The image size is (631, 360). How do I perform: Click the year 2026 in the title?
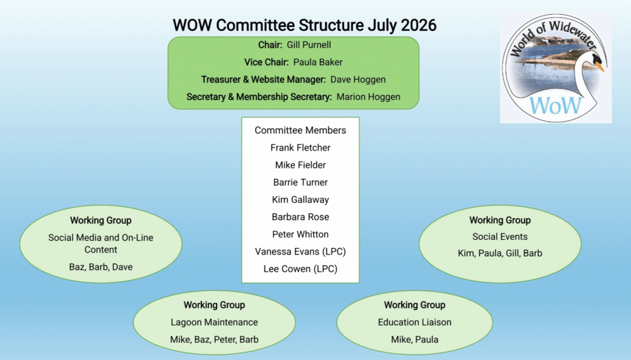click(418, 25)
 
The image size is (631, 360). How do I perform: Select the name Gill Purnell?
click(309, 45)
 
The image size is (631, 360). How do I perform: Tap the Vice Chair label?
click(266, 62)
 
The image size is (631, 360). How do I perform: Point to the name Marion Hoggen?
click(368, 97)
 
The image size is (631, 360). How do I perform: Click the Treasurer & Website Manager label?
click(263, 80)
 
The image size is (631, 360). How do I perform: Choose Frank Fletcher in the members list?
click(300, 148)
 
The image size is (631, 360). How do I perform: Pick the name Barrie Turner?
click(300, 182)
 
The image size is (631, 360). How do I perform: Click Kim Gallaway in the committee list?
click(300, 200)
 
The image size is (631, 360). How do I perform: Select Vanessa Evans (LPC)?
click(300, 252)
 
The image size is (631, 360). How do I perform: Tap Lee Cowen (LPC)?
click(300, 269)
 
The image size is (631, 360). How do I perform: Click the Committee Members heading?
click(300, 131)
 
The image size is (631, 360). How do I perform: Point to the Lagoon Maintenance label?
click(214, 322)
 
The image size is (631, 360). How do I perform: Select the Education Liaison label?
click(415, 322)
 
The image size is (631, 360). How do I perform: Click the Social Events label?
click(500, 237)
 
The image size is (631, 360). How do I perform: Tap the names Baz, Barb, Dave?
click(100, 267)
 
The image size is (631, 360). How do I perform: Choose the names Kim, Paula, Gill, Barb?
click(500, 253)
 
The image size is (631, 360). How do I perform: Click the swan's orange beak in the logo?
click(600, 66)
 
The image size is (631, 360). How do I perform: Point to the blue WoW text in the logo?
click(555, 105)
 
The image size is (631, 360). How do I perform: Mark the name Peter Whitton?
click(300, 234)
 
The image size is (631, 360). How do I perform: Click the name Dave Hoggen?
click(358, 80)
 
